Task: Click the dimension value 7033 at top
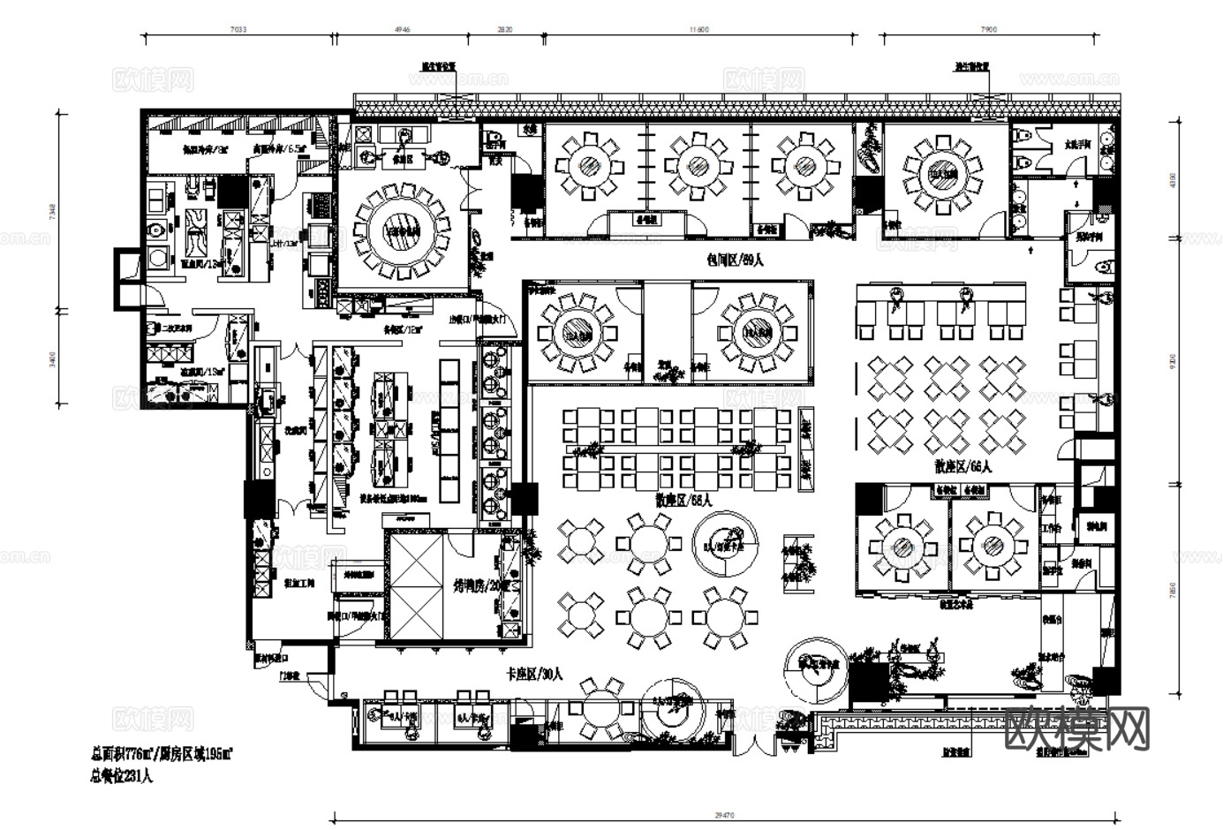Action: [238, 29]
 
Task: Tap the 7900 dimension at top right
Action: [989, 29]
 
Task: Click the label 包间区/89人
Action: [735, 260]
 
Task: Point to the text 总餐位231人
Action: [122, 777]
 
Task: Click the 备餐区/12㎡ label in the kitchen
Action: [402, 328]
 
